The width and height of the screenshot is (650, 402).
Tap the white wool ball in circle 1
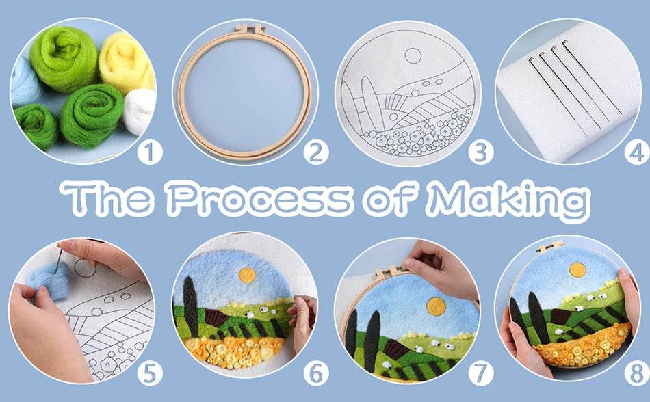(141, 109)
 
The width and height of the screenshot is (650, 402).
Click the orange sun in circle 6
(247, 275)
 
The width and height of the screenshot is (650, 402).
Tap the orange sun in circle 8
(578, 271)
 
